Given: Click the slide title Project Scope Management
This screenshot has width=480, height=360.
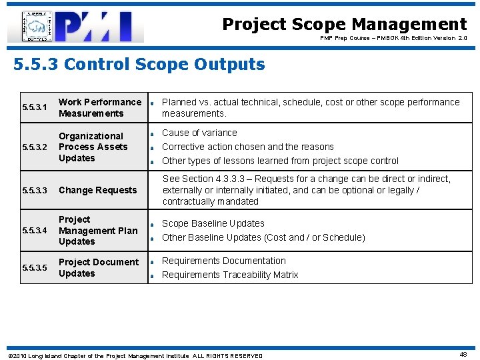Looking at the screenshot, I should pyautogui.click(x=344, y=25).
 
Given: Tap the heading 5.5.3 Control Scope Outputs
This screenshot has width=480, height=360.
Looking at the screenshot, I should pyautogui.click(x=139, y=65).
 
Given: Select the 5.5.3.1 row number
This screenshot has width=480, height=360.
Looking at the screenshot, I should pyautogui.click(x=35, y=107).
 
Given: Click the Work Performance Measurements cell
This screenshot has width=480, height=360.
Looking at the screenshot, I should pyautogui.click(x=100, y=107).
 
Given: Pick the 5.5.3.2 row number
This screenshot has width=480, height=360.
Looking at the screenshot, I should pyautogui.click(x=35, y=147).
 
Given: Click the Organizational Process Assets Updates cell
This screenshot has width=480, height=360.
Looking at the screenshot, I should pyautogui.click(x=93, y=147).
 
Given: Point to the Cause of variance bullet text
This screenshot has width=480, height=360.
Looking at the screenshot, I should pyautogui.click(x=199, y=133).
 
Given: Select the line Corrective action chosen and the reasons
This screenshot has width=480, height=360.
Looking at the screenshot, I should pyautogui.click(x=248, y=147).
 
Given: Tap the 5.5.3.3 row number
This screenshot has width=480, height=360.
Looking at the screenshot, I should pyautogui.click(x=35, y=191).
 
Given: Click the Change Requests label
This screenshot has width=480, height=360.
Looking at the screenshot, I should pyautogui.click(x=97, y=191).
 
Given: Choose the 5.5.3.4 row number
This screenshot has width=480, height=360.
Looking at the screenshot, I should pyautogui.click(x=35, y=231).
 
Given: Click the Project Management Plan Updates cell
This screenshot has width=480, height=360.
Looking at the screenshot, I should pyautogui.click(x=98, y=231).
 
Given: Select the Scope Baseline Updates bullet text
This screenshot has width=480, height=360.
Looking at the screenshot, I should pyautogui.click(x=213, y=223).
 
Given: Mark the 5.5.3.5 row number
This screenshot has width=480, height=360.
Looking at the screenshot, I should pyautogui.click(x=35, y=268).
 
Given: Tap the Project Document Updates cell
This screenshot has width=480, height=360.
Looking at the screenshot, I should pyautogui.click(x=99, y=267).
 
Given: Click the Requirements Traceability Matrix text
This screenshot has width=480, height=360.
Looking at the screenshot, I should pyautogui.click(x=230, y=275).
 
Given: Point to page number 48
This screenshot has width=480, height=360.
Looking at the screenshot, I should pyautogui.click(x=463, y=355).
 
